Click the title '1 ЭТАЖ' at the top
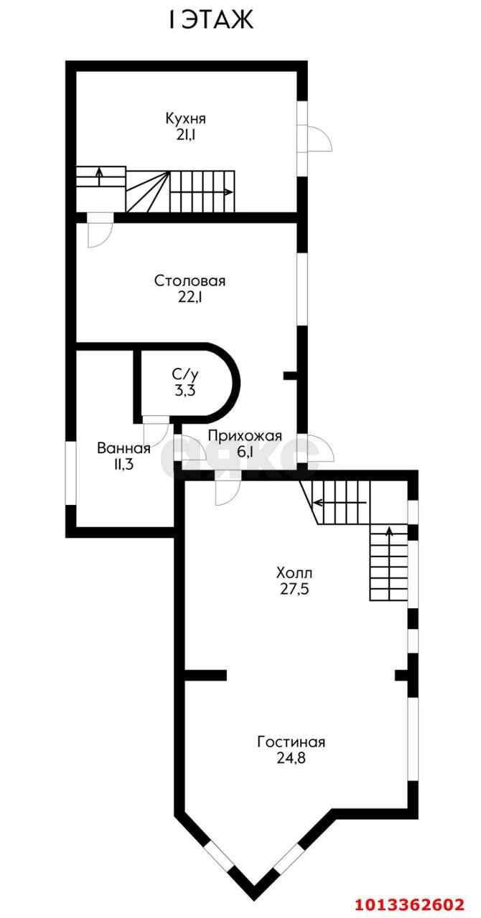211,21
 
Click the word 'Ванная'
123,449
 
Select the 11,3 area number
123,465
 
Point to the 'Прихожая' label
245,435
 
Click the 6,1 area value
245,452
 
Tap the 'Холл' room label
294,573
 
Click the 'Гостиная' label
291,742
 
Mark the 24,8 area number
291,758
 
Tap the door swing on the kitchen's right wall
319,139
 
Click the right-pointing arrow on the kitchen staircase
226,191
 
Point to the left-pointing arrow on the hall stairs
318,501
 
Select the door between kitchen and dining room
99,231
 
